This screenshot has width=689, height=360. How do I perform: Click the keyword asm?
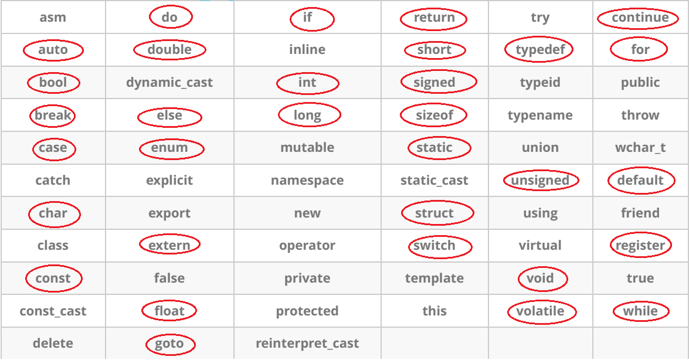click(x=53, y=18)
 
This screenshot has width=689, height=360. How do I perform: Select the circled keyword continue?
click(x=640, y=18)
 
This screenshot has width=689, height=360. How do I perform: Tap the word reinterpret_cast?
click(x=307, y=344)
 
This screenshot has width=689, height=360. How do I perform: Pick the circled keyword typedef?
click(x=539, y=50)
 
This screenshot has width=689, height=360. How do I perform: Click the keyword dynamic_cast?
click(x=169, y=83)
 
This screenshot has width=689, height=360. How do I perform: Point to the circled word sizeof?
click(x=434, y=116)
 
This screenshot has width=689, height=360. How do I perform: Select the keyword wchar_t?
click(x=640, y=148)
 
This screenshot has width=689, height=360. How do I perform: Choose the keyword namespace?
click(x=307, y=181)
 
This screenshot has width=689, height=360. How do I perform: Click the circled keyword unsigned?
click(x=540, y=181)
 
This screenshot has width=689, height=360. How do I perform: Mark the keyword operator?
click(x=307, y=246)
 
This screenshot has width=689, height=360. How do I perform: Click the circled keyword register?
click(x=640, y=246)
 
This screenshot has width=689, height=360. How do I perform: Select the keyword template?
click(x=434, y=279)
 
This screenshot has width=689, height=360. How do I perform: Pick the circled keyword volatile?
click(x=540, y=311)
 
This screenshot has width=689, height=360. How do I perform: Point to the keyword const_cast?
click(x=53, y=311)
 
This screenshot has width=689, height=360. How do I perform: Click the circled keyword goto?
click(x=169, y=344)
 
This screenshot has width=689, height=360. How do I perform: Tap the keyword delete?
click(x=53, y=344)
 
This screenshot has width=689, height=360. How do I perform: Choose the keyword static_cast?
click(x=434, y=181)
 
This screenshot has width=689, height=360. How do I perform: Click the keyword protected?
click(x=307, y=311)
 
